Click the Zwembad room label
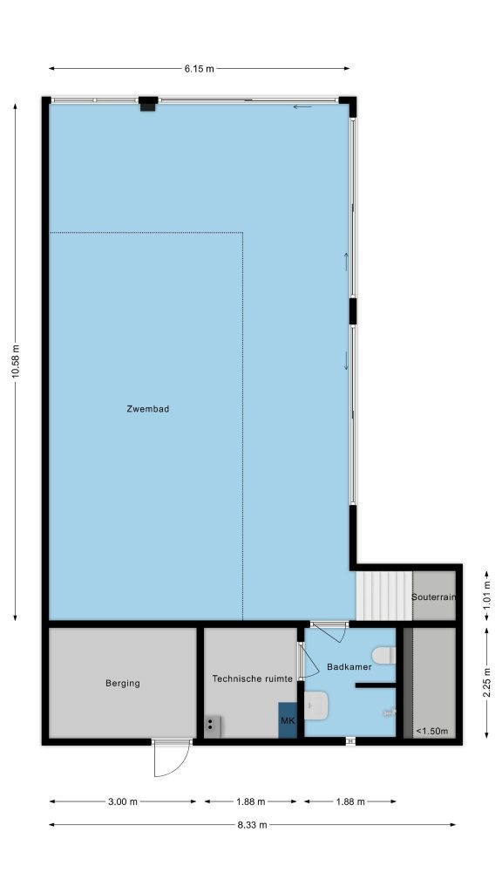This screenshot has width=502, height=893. click(147, 408)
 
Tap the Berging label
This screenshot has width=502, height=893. click(122, 683)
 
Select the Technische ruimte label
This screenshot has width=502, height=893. click(252, 678)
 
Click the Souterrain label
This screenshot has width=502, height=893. click(434, 596)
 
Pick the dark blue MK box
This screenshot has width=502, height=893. click(288, 719)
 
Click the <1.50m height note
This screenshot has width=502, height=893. click(431, 731)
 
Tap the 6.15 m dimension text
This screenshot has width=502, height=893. click(199, 69)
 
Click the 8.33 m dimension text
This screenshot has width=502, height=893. click(252, 824)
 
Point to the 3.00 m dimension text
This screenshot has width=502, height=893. click(122, 801)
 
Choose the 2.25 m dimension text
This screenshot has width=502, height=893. click(486, 682)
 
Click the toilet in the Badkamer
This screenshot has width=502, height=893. click(383, 655)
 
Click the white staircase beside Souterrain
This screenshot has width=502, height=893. click(383, 596)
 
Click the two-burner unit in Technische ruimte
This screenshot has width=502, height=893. click(213, 726)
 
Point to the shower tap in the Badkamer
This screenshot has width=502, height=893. click(390, 712)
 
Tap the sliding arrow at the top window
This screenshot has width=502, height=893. click(302, 106)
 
